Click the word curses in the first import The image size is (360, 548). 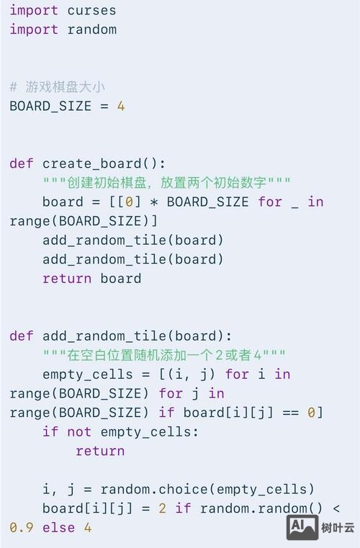pos(91,10)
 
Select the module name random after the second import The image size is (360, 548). pos(91,30)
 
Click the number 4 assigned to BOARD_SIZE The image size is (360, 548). pos(121,106)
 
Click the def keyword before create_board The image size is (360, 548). pos(22,163)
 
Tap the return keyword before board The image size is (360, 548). pos(67,279)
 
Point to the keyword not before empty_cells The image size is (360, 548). pos(79,432)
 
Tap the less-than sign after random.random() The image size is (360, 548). pos(336,508)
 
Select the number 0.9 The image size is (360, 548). pos(22,528)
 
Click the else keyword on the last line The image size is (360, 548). pos(58,528)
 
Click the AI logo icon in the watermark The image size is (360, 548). pos(302,527)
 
